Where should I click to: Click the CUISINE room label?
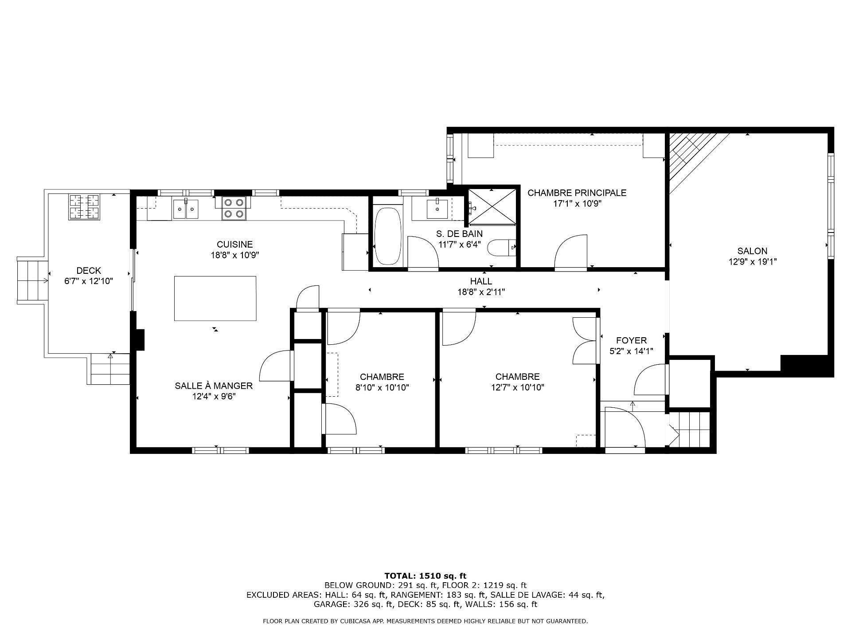coord(234,244)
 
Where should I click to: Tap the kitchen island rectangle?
coord(215,298)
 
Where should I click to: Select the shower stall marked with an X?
coord(492,207)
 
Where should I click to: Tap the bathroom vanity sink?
coord(437,209)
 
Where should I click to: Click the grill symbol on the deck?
coord(84,207)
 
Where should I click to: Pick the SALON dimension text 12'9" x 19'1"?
coord(752,262)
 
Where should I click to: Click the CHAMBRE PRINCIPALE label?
coord(577,193)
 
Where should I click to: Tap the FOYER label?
coord(631,340)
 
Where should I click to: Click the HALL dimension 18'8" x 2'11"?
coord(481,292)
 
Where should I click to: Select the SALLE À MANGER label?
coord(214,386)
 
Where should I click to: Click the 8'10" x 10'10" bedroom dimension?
coord(382,387)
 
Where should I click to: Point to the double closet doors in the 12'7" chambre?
coord(584,341)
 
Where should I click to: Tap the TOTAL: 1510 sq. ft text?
coord(425,576)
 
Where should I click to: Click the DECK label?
coord(89,270)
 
